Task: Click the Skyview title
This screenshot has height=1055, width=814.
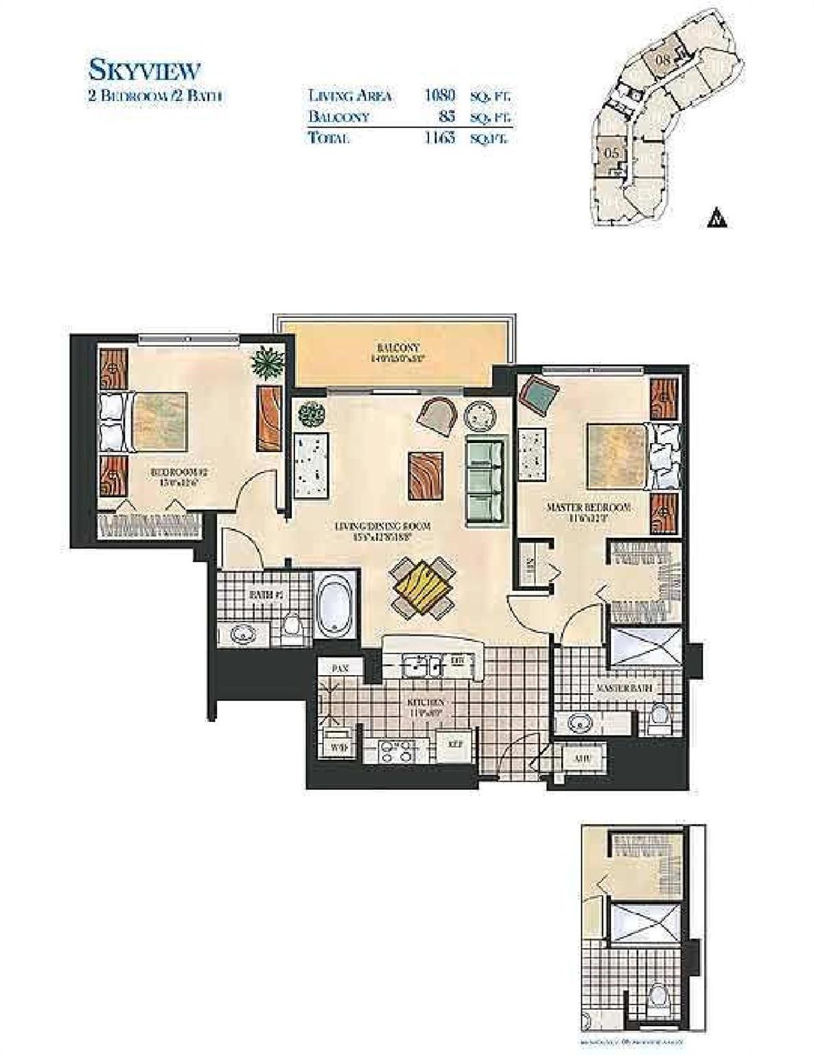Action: tap(144, 70)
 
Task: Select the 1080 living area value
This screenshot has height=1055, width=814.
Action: tap(439, 95)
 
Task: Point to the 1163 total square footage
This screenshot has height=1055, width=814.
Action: tap(439, 137)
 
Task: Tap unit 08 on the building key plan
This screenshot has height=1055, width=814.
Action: tap(663, 59)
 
